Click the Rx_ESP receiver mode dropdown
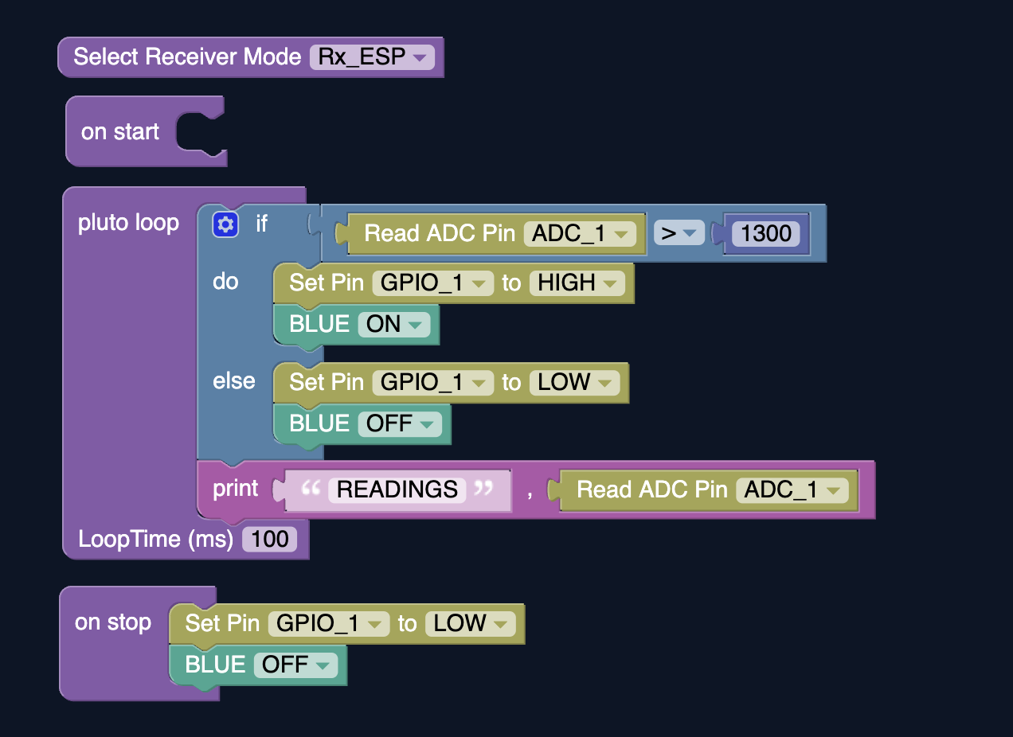pos(372,57)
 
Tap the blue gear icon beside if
pos(225,224)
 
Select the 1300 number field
pos(766,234)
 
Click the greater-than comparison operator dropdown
pos(679,233)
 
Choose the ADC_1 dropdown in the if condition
pos(581,234)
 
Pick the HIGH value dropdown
pos(577,283)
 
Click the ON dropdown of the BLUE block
pos(394,325)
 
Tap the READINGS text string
pos(397,489)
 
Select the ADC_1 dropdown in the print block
pos(792,490)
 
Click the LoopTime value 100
pos(269,540)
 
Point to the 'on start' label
pos(119,132)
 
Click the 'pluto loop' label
pos(128,223)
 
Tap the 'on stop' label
pos(112,622)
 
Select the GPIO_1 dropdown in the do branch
pos(432,283)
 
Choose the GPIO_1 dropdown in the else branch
pos(432,383)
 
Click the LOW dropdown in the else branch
pos(574,383)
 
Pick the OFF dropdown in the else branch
pos(400,424)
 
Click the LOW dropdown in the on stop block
pos(471,624)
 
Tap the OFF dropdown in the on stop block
pos(295,665)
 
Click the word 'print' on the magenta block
pos(235,489)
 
